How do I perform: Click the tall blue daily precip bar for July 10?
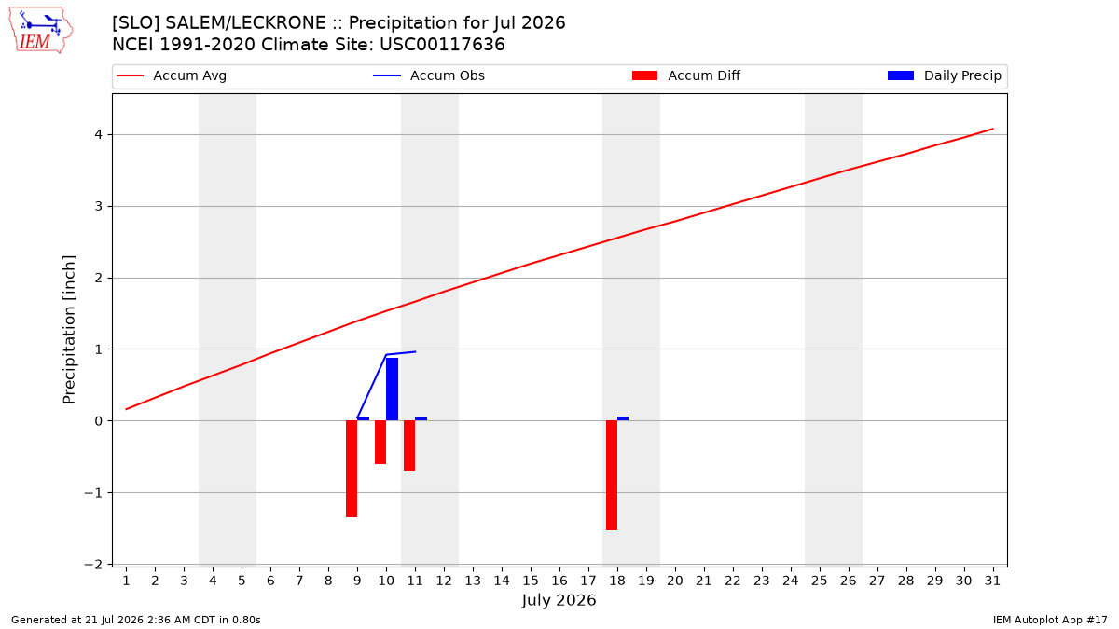(393, 389)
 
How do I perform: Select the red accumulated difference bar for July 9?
(352, 469)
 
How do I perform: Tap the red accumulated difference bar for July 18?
(612, 475)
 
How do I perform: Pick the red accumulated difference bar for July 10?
(380, 443)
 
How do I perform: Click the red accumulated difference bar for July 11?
(409, 445)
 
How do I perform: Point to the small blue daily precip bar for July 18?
(623, 418)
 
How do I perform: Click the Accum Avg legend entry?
(172, 75)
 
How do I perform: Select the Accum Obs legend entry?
(429, 75)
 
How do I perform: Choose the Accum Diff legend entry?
(686, 75)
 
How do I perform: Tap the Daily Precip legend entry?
(944, 75)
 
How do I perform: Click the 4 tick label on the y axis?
(98, 135)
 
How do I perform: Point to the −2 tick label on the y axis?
(93, 564)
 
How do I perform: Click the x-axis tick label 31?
(992, 581)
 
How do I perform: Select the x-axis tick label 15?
(531, 581)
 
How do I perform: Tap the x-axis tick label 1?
(127, 581)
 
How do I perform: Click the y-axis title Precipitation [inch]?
(69, 330)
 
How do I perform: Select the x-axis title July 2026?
(559, 600)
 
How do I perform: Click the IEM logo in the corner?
(40, 31)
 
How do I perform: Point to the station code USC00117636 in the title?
(442, 45)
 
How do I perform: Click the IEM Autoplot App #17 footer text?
(1050, 620)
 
